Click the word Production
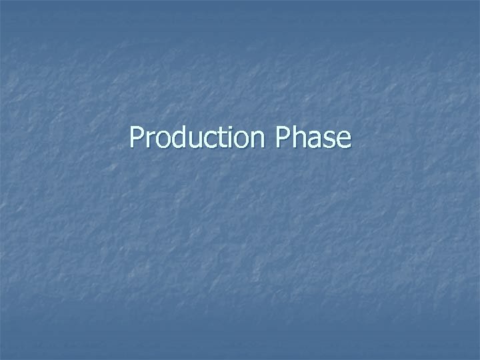[x=197, y=138]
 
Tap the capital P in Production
[x=137, y=138]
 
